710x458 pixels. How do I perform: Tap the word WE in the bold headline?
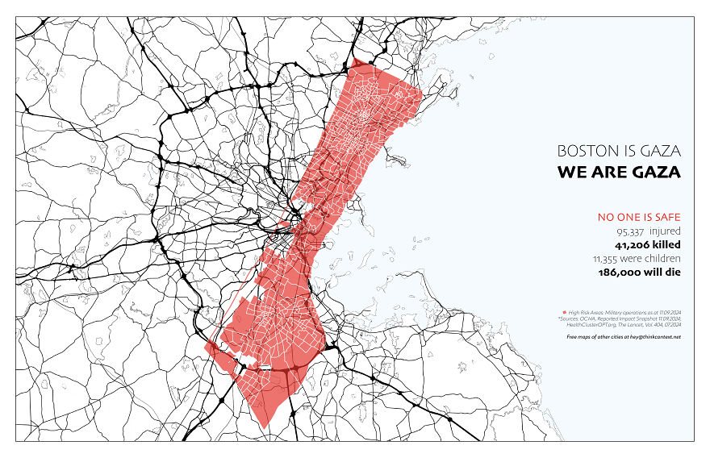pos(572,173)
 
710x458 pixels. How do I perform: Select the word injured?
pos(666,231)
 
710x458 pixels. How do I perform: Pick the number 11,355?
pos(608,259)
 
